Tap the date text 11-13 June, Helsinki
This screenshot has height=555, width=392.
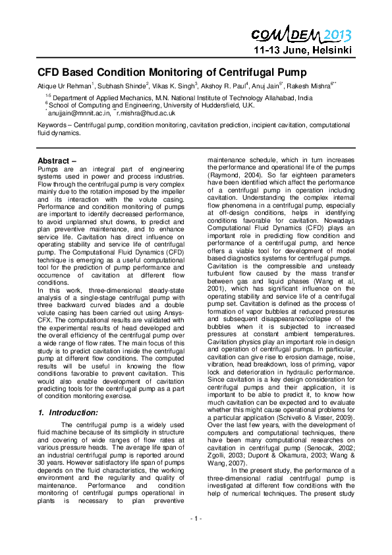304,50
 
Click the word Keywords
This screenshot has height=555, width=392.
53,124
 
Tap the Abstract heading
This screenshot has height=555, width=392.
57,161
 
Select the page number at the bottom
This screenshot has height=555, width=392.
196,537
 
